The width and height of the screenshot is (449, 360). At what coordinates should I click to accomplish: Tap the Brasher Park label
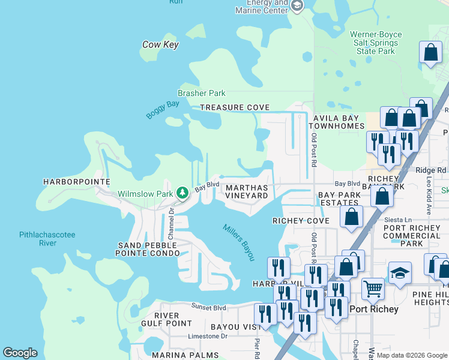pos(201,93)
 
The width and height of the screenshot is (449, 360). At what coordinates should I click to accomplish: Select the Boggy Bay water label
pos(163,110)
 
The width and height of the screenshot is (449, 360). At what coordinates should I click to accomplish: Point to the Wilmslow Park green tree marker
pos(182,193)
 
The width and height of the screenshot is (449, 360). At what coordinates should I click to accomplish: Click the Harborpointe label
pos(77,181)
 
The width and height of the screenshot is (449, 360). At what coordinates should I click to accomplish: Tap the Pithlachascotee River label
pos(47,239)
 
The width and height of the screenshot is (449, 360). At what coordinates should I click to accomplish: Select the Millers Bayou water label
pos(239,242)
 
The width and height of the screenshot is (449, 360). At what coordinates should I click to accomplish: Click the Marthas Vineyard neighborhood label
pos(247,191)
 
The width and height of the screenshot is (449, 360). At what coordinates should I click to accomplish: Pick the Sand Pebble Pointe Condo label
pos(148,250)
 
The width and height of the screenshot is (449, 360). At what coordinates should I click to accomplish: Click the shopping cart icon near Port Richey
pos(373,289)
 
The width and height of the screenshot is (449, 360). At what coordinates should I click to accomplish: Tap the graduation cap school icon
pos(400,274)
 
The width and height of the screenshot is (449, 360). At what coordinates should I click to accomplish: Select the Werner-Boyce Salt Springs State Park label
pos(376,43)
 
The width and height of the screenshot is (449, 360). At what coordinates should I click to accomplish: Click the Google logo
pos(20,353)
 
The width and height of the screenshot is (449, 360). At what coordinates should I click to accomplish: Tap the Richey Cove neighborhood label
pos(301,221)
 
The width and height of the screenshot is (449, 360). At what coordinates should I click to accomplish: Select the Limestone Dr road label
pos(207,336)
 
